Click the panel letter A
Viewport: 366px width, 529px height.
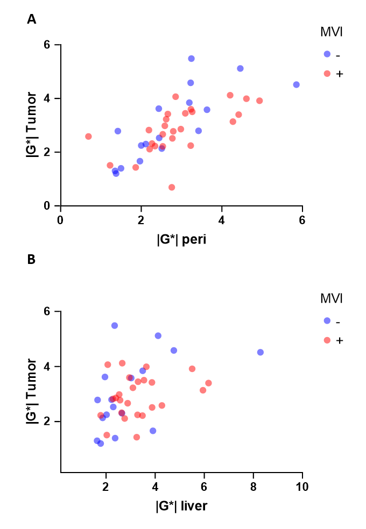31,19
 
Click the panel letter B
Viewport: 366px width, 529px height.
31,259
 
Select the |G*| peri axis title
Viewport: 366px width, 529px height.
181,239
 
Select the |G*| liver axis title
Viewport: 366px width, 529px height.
181,506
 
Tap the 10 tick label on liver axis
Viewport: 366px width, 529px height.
302,487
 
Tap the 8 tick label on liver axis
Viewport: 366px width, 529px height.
253,487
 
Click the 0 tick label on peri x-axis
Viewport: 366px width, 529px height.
60,220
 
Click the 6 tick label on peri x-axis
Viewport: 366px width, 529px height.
302,220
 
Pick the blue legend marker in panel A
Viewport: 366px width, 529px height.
327,54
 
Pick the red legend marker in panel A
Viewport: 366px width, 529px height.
327,74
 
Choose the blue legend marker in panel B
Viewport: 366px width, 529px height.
327,320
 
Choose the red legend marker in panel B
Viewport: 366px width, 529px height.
327,340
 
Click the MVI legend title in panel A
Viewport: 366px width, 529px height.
331,32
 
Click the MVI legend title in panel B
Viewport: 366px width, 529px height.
331,298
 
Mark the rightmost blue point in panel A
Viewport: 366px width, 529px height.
296,85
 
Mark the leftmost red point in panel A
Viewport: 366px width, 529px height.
88,137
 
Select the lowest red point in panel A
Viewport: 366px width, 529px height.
172,187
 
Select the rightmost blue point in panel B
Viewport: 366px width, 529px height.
261,352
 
